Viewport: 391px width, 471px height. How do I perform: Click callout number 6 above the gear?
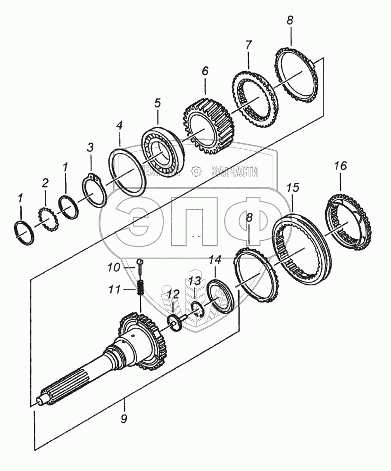click(x=205, y=72)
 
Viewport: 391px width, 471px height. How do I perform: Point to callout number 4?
click(x=120, y=126)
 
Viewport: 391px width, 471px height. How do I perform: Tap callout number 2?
click(x=45, y=183)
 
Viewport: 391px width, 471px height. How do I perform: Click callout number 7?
click(x=248, y=45)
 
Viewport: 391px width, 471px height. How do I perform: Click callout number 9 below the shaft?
click(x=124, y=419)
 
